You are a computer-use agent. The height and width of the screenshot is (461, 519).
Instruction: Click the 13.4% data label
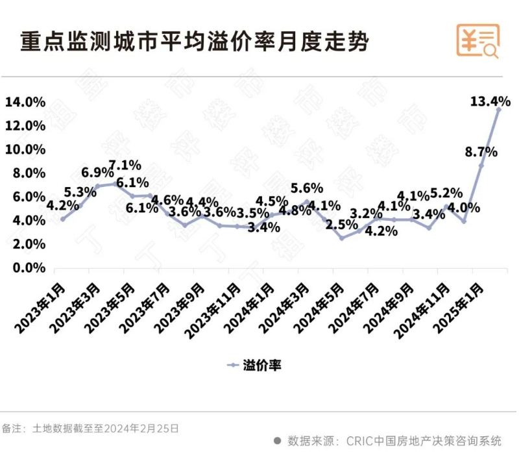pos(490,101)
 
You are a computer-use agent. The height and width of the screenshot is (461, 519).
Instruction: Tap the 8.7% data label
pos(481,152)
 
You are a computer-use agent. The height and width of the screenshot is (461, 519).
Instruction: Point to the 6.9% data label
pos(98,173)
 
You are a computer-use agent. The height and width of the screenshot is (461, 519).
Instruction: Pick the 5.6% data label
pos(307,188)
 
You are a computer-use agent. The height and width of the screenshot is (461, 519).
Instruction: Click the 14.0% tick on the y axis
pos(25,102)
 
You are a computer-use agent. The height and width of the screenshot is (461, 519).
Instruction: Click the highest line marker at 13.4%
pos(498,110)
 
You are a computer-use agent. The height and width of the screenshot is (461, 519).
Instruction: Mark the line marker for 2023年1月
pos(62,219)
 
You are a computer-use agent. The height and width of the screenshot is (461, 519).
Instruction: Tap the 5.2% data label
pos(446,193)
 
